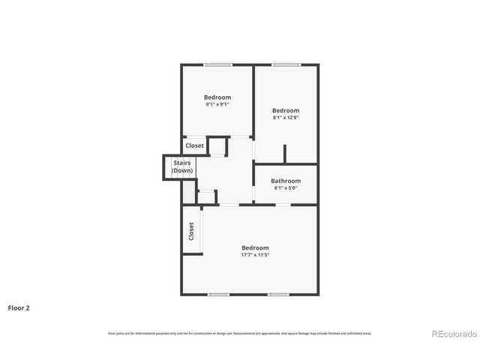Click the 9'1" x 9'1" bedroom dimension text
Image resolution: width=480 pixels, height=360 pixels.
click(x=217, y=104)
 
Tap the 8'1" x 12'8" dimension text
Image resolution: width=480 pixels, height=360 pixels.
click(x=285, y=117)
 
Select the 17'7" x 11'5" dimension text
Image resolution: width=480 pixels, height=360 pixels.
click(x=255, y=255)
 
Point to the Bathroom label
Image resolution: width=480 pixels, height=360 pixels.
click(x=286, y=181)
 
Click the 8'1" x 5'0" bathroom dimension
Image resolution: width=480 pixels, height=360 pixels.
click(x=286, y=187)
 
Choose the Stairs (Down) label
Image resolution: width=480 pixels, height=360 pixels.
click(x=182, y=166)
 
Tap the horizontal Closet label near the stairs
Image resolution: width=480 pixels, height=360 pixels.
click(x=195, y=145)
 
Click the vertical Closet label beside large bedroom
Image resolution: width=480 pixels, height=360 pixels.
click(x=191, y=230)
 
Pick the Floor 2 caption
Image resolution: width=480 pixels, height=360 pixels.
click(x=19, y=307)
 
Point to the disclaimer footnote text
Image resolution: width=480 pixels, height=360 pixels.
click(x=240, y=333)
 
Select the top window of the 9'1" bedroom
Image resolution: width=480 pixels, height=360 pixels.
click(x=217, y=65)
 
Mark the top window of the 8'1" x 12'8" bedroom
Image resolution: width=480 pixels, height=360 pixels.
click(x=286, y=65)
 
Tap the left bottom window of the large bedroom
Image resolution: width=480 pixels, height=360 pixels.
click(x=218, y=295)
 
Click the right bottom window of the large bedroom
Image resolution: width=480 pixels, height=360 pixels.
click(x=278, y=295)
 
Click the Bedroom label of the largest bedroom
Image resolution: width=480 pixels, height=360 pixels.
click(x=255, y=247)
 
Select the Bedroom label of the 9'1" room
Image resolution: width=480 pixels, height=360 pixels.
click(x=217, y=97)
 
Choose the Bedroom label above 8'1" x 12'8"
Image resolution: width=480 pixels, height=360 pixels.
click(x=285, y=110)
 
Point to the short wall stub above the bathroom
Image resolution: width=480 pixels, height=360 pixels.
click(x=284, y=154)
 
